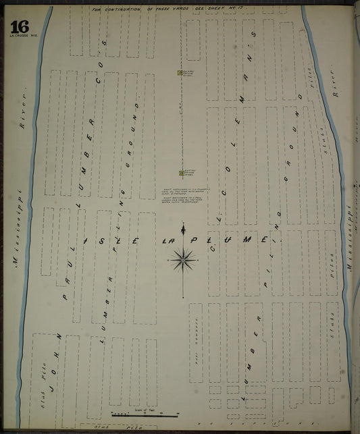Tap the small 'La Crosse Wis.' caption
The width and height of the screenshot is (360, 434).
point(19,36)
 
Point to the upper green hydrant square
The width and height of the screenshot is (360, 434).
point(179,72)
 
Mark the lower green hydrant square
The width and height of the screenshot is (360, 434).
point(180,172)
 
